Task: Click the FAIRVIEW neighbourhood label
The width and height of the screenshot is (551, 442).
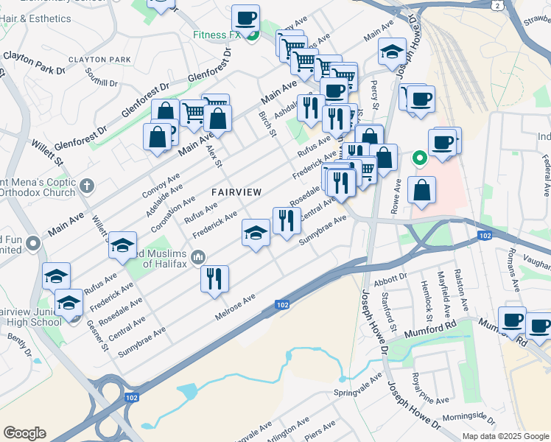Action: [x=236, y=192]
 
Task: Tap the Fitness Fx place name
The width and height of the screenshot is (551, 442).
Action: [x=217, y=35]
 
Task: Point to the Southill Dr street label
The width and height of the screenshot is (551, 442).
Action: [x=102, y=77]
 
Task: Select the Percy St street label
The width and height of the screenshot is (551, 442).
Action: [x=374, y=95]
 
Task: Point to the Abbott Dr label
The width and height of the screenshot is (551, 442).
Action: [x=390, y=278]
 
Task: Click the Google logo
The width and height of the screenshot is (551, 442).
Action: [x=24, y=433]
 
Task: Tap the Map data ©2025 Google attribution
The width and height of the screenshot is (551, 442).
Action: [x=505, y=436]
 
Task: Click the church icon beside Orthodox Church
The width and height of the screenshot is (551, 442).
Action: [x=88, y=185]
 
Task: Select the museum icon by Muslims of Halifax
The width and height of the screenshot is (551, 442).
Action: [x=197, y=256]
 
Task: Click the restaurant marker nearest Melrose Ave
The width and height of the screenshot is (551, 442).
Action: [x=215, y=278]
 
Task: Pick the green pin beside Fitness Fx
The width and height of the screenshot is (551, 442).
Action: [x=251, y=35]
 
